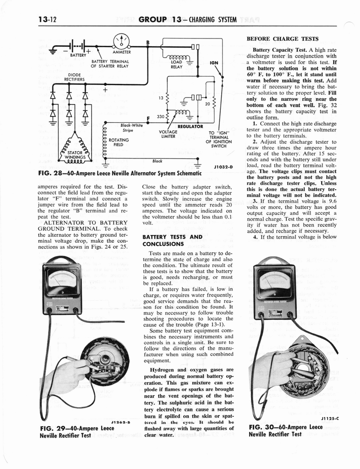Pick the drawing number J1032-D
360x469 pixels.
click(x=224, y=167)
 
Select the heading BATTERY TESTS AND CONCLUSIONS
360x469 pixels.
click(x=172, y=240)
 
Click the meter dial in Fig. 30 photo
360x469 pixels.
click(x=275, y=284)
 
